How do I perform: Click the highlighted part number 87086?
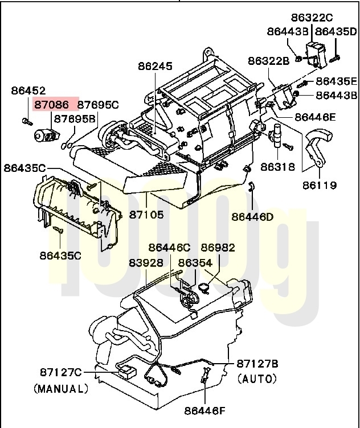51,105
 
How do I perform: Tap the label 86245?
155,66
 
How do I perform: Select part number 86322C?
312,18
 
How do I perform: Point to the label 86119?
320,186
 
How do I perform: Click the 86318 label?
278,167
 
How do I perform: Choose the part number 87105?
146,215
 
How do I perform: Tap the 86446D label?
252,217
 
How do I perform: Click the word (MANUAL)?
61,388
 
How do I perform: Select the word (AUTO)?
257,378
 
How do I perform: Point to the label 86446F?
205,410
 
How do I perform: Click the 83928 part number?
146,263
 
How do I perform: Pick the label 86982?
218,248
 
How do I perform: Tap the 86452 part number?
28,90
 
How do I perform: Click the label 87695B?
75,119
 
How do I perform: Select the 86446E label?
315,117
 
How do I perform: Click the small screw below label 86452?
27,121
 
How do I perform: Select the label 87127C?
61,372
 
